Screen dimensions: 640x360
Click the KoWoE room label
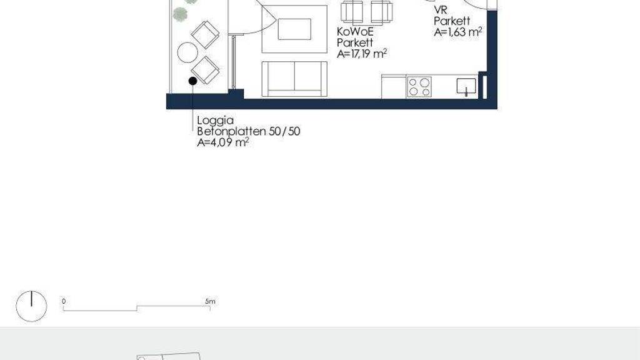point(355,31)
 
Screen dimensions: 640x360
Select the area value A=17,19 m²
point(362,54)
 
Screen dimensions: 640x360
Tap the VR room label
point(441,10)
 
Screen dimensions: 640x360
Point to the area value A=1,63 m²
point(458,32)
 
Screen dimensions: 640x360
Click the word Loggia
point(216,121)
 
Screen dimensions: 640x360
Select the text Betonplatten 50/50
point(249,131)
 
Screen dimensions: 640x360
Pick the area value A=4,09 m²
point(223,142)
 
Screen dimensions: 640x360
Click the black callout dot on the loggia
point(192,81)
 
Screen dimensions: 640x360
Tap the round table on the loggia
point(187,52)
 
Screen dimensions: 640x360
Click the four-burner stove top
point(419,87)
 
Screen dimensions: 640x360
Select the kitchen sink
point(466,87)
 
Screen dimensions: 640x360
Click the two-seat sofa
point(294,79)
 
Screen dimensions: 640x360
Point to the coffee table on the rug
point(294,29)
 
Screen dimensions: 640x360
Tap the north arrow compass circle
point(31,306)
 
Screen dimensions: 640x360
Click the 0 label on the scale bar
point(64,301)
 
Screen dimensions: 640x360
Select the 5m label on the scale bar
point(210,301)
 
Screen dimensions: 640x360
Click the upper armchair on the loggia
point(205,34)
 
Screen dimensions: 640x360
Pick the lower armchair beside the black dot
point(205,70)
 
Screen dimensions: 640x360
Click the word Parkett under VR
point(452,21)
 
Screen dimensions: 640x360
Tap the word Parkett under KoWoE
point(355,42)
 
